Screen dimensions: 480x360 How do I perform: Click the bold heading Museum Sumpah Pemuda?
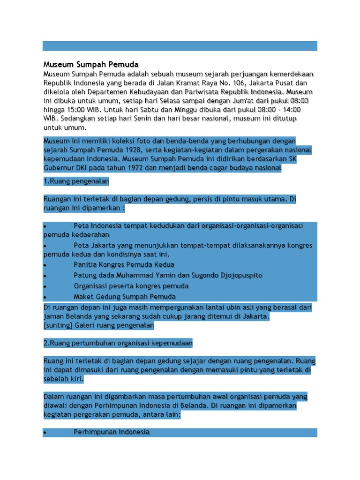point(91,64)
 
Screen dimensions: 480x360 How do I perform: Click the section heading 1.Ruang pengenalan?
point(76,180)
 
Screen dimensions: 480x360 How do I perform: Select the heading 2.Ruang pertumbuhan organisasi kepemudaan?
point(118,343)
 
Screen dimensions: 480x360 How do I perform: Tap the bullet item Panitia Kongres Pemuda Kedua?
point(124,264)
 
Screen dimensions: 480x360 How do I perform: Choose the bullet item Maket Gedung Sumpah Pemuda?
point(125,296)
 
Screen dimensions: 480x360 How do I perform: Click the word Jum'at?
point(231,101)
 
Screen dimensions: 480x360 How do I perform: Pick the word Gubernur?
point(58,167)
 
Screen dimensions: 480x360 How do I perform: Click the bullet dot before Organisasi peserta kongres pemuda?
point(45,286)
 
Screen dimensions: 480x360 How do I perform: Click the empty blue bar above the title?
point(180,45)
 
